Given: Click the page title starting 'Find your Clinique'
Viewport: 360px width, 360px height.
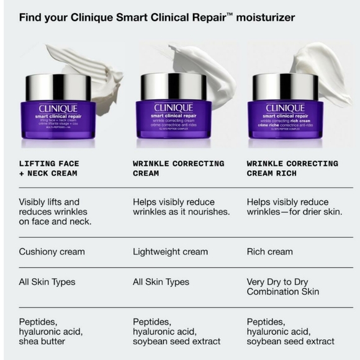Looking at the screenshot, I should [157, 17].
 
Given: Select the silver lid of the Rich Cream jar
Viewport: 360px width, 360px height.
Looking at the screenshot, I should [285, 86].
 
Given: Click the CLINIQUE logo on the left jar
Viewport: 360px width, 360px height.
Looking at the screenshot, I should [58, 108].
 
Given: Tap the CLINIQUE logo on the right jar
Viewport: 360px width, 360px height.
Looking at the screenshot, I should [285, 108].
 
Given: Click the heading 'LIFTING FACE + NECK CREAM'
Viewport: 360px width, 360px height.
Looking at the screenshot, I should [49, 168].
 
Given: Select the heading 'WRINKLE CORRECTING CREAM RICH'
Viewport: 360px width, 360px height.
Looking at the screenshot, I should [292, 168].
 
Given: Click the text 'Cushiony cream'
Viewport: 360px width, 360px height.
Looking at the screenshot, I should [52, 252].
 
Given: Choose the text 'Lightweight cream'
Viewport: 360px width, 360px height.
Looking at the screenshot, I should [170, 252].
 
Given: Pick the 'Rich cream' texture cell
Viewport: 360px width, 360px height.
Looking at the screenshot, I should [269, 252].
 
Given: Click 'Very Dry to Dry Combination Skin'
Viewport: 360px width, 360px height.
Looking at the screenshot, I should [282, 287].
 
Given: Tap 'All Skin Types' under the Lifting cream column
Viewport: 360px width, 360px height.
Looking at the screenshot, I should [47, 282].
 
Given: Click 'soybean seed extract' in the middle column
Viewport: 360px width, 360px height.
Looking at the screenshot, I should [176, 341].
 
